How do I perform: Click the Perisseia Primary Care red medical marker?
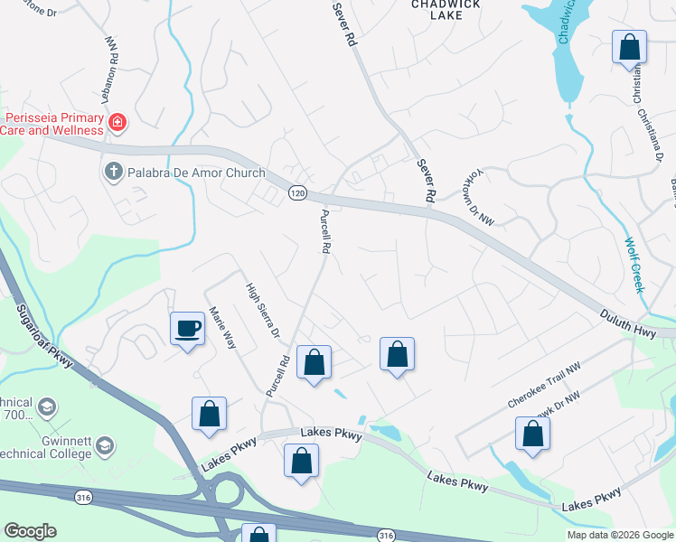117,122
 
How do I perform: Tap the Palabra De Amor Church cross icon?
113,172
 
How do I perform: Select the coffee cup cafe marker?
187,329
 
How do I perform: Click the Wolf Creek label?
634,264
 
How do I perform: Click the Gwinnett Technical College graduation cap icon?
106,445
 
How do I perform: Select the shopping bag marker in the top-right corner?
629,47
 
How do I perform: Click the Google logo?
30,531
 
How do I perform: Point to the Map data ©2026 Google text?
619,535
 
